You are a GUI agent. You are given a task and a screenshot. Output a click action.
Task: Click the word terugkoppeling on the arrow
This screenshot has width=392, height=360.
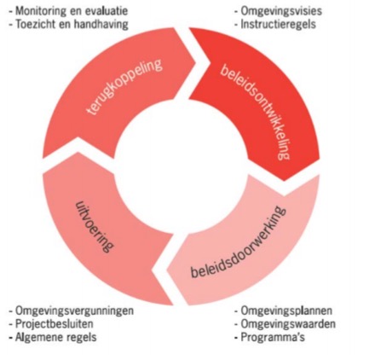coord(124,87)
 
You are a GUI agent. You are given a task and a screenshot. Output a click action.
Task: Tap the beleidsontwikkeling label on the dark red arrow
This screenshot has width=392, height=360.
coord(255,112)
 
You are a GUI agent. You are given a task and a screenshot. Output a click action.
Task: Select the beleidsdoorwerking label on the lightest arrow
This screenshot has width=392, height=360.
coord(239,241)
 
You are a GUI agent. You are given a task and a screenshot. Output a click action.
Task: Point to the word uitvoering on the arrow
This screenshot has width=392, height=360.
coord(95,227)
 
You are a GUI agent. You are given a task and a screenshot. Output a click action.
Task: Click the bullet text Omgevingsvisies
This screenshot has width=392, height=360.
coord(281,11)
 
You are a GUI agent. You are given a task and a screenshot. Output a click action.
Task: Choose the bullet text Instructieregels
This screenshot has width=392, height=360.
coord(278,24)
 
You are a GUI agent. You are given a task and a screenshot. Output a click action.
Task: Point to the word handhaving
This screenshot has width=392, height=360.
coord(101,25)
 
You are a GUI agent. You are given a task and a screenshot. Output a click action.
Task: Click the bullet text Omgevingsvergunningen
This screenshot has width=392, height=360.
coord(74,311)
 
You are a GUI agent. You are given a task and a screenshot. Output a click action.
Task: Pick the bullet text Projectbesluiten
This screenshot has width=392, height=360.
coord(54,323)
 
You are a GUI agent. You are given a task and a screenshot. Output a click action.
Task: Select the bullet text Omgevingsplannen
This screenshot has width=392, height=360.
coord(286,311)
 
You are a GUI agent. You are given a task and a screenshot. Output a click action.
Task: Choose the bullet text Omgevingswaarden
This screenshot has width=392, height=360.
coord(288,324)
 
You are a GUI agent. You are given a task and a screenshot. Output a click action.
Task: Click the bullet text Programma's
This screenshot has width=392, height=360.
coord(273,337)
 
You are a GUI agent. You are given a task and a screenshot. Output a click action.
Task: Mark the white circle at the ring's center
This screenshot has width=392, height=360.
coord(182,166)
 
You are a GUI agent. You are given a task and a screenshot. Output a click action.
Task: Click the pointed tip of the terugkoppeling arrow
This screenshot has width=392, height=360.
coord(195,61)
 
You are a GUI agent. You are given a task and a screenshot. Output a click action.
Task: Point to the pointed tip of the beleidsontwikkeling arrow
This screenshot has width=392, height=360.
coord(284,181)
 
